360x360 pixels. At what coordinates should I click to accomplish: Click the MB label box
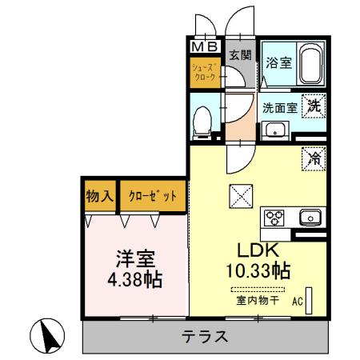(x=206, y=46)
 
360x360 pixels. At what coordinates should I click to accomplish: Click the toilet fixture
(x=205, y=121)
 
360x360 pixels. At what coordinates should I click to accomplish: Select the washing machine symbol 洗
(x=315, y=103)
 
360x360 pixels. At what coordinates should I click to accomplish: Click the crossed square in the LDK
(x=239, y=194)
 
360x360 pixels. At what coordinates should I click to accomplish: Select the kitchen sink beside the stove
(x=309, y=217)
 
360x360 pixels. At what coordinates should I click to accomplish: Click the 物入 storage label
(x=98, y=195)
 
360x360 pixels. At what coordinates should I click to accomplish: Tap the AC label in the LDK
(x=296, y=302)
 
